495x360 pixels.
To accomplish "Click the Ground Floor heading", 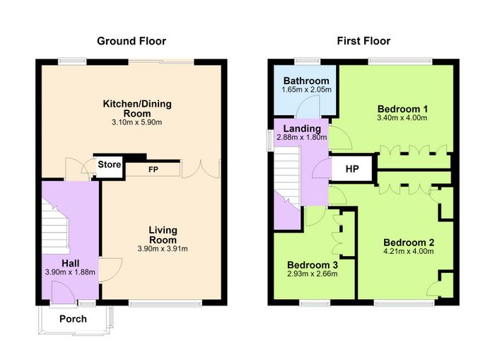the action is [132, 41].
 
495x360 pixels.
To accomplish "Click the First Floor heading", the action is [363, 41].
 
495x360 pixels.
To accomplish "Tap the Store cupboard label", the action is [109, 165].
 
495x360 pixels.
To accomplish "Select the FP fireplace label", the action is [153, 170].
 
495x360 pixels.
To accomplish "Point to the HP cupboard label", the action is [352, 169].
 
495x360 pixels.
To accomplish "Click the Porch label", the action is [73, 319].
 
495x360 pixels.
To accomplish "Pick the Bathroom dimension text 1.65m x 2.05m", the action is [306, 90].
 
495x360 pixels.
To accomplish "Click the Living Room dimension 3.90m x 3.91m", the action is [163, 249].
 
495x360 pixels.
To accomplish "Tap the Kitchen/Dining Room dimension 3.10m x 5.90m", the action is [137, 122].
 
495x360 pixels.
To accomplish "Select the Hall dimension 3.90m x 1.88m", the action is [70, 272].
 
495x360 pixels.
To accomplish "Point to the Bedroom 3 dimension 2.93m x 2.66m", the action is [313, 274].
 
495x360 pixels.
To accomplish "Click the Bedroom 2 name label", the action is [409, 243].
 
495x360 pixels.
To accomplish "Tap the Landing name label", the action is [302, 129].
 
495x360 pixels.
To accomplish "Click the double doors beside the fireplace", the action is [201, 169].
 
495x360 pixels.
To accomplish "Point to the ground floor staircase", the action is [55, 226].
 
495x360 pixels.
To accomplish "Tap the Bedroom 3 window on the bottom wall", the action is [315, 303].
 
